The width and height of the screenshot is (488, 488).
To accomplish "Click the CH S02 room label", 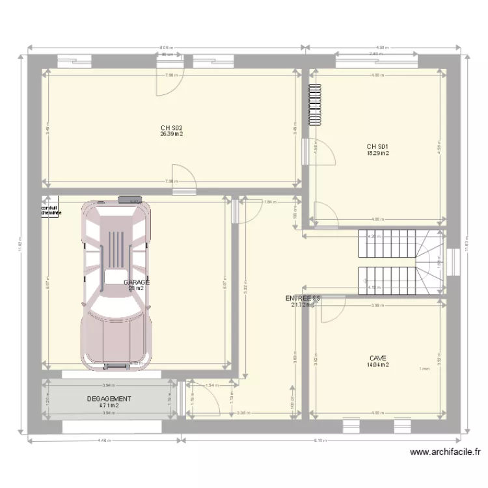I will click(x=172, y=128).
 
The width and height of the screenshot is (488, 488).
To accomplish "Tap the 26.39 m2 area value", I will click(x=172, y=135).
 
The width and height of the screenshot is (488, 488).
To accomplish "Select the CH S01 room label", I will click(x=377, y=146).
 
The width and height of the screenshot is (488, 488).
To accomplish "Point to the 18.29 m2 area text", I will click(x=377, y=154).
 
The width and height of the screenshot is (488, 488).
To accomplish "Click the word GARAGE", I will click(x=137, y=282).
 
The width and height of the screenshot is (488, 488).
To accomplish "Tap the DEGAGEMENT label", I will click(x=109, y=399).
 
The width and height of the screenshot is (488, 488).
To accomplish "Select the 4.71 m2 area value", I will click(x=109, y=406).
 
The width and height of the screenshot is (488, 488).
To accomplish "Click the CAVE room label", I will click(x=377, y=358).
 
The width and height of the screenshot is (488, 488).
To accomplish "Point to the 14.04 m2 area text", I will click(x=377, y=365).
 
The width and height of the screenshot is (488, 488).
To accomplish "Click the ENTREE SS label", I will click(x=303, y=298).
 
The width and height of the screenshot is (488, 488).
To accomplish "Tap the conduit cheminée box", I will click(x=51, y=210).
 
